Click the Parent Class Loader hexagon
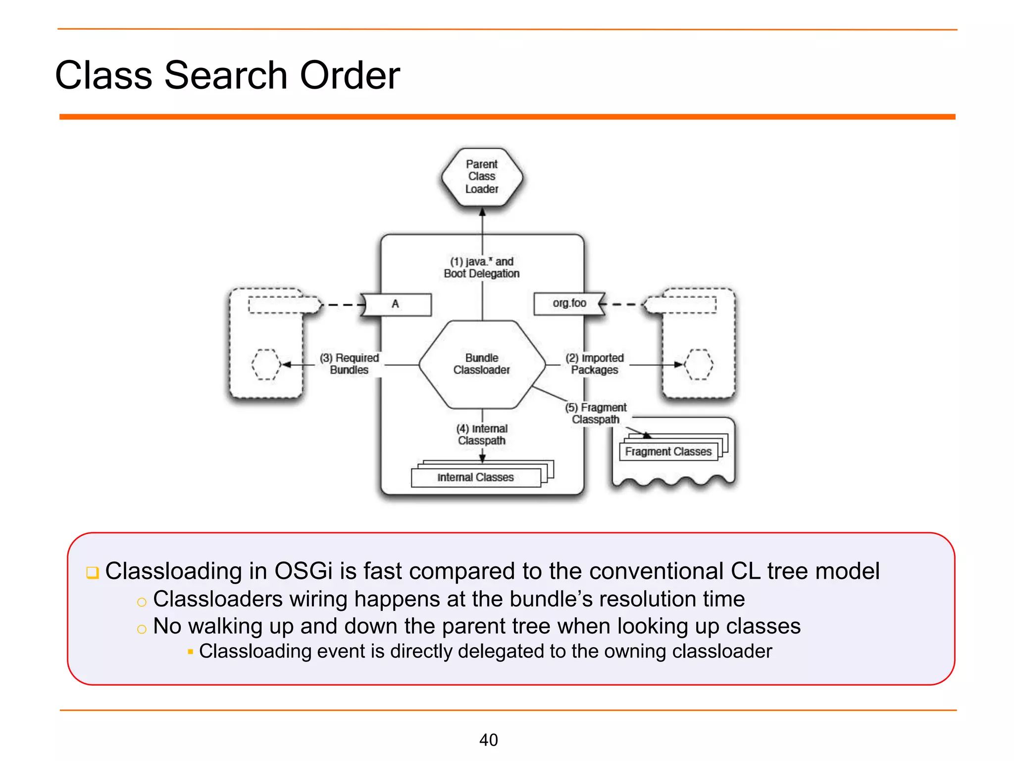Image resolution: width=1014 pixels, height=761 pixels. click(482, 177)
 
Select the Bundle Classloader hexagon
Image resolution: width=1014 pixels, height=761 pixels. click(482, 364)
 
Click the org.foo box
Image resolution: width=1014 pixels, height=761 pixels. click(568, 303)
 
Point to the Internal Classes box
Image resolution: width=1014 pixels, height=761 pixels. click(475, 477)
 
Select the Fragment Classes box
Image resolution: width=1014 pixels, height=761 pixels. click(668, 452)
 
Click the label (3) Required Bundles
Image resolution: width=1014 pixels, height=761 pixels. click(349, 364)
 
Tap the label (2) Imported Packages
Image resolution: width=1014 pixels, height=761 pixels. click(595, 364)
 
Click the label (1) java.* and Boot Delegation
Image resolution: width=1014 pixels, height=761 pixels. click(482, 268)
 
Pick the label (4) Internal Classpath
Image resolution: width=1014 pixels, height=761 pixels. click(482, 435)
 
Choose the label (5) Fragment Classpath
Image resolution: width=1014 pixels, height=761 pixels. click(596, 413)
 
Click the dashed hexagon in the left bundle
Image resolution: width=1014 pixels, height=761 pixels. click(266, 365)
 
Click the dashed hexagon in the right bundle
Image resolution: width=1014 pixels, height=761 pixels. click(699, 365)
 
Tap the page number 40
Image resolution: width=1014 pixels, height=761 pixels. click(489, 740)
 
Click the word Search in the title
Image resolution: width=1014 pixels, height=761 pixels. click(226, 75)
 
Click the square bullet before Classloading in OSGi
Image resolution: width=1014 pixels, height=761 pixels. click(93, 573)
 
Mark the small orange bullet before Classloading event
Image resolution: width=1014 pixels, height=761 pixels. click(190, 652)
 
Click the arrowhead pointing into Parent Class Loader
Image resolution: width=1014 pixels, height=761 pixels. click(482, 212)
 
